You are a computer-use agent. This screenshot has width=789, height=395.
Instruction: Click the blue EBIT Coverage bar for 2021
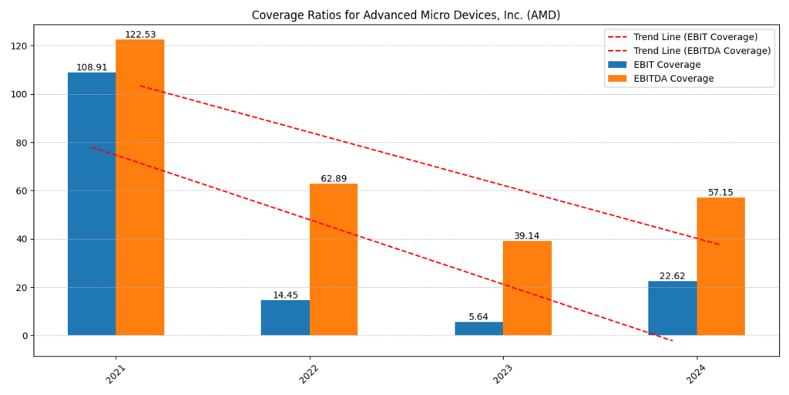pos(92,204)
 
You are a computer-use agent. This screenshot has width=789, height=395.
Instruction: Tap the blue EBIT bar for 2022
pos(285,317)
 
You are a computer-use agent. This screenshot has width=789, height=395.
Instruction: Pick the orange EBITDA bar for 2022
pos(334,259)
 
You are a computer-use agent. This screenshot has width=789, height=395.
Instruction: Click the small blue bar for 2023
pos(478,329)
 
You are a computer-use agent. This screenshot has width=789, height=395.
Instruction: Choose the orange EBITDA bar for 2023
pos(527,288)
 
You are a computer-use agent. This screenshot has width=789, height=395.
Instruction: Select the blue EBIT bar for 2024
pos(672,308)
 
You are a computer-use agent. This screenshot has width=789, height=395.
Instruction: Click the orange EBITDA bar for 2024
pos(720,266)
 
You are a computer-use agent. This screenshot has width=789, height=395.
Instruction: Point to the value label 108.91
pos(92,68)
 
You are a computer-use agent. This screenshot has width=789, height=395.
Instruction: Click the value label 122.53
pos(140,35)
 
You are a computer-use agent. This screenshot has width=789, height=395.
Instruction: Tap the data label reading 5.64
pos(478,317)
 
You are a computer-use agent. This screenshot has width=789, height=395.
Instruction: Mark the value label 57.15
pos(720,193)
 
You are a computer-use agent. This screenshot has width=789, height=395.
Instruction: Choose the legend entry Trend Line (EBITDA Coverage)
pos(702,51)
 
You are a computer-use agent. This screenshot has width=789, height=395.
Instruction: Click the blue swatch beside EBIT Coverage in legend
pos(617,65)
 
